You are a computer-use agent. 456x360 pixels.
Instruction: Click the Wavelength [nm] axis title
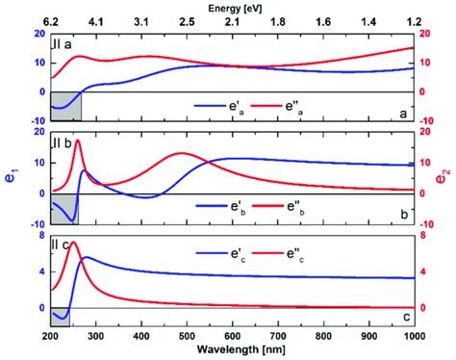[231, 351]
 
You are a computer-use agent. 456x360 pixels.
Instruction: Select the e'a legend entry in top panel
[224, 107]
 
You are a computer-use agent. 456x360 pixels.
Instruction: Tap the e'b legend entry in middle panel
[224, 205]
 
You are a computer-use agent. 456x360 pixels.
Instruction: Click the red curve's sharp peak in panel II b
[77, 141]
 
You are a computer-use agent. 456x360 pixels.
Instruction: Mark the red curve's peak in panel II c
[73, 243]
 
